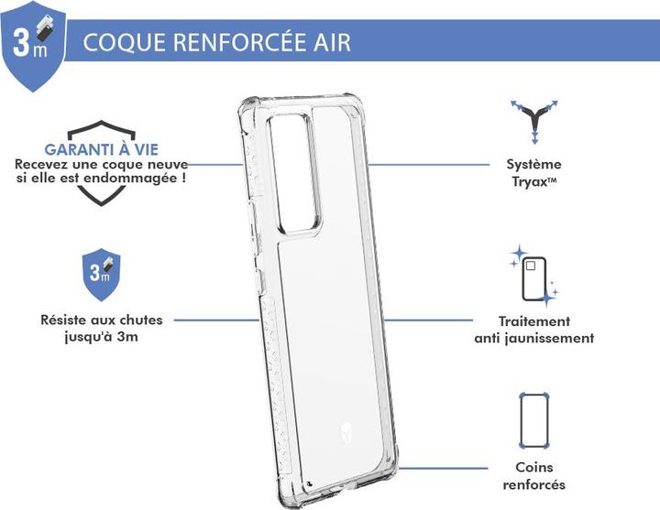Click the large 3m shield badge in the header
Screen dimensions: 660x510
pos(33,46)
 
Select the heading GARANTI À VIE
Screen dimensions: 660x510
pos(102,149)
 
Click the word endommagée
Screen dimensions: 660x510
pos(130,179)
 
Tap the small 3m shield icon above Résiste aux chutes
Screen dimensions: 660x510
pos(101,274)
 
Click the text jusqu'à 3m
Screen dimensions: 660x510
pos(102,337)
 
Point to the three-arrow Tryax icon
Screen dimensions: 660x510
pos(534,122)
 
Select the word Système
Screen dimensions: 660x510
pos(533,164)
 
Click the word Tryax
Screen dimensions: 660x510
pos(530,182)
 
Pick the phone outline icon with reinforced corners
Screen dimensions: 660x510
pos(534,420)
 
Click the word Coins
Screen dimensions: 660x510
pos(534,467)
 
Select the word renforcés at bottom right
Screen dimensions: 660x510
pos(533,484)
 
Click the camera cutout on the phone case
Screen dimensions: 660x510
pos(294,172)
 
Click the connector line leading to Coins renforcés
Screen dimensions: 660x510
pos(443,468)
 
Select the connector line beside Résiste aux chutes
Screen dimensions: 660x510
pos(216,320)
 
